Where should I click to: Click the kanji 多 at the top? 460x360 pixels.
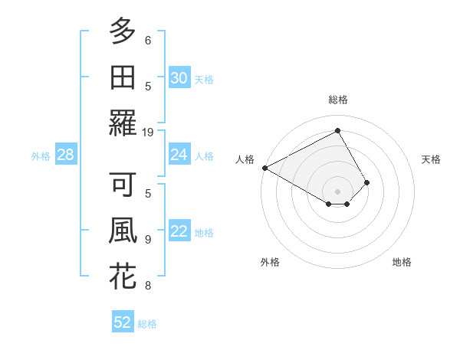(x=123, y=32)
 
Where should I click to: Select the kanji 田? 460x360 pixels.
(x=123, y=77)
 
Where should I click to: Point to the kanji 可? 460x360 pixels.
(x=123, y=186)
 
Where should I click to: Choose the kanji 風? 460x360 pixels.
(x=123, y=231)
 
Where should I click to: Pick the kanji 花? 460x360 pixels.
(x=123, y=277)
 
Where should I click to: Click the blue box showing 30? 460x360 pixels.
(x=179, y=77)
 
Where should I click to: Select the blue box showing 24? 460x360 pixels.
(x=179, y=155)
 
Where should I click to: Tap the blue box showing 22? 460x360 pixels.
(x=179, y=231)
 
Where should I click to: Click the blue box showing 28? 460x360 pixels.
(x=65, y=155)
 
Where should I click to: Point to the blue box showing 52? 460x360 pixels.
(x=123, y=322)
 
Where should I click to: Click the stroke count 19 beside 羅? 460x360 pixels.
(x=148, y=132)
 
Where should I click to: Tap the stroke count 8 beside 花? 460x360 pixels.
(x=148, y=286)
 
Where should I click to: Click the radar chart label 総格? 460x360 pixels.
(x=337, y=100)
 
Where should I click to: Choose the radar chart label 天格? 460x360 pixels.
(x=432, y=159)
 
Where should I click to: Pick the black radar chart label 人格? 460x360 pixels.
(x=245, y=159)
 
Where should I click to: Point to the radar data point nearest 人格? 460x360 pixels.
(x=264, y=168)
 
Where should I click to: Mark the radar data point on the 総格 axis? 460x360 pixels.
(x=337, y=131)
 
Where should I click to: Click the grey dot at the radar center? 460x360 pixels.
(x=337, y=191)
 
